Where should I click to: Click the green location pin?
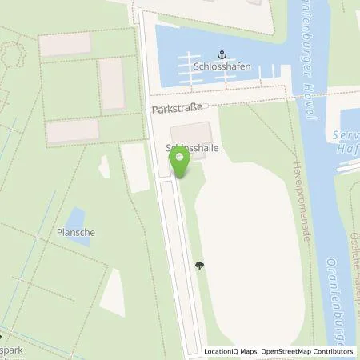[179, 162]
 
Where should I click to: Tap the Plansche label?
[76, 232]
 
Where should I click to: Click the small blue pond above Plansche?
[76, 217]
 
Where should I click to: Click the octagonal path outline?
[10, 55]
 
